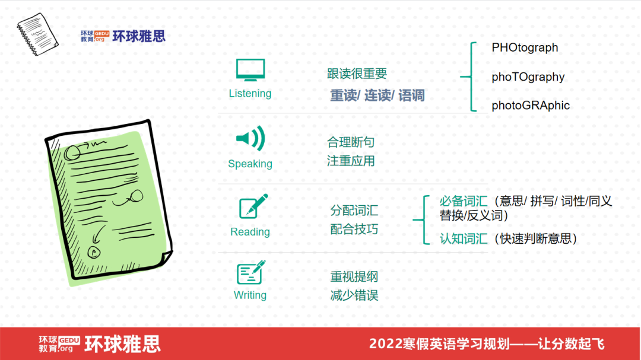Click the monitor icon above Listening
pos(250,71)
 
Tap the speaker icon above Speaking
pos(250,139)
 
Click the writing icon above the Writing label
pos(250,273)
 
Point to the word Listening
pos(250,94)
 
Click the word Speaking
pos(250,164)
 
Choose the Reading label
pos(250,232)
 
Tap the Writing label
pos(250,295)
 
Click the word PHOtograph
pos(525,48)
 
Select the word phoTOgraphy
pos(528,77)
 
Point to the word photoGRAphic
pos(531,106)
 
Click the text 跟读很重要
pos(357,74)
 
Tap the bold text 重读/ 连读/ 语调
pos(377,95)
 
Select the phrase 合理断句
pos(351,142)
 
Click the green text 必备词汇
pos(463,201)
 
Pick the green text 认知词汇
pos(463,238)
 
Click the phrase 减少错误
pos(354,295)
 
